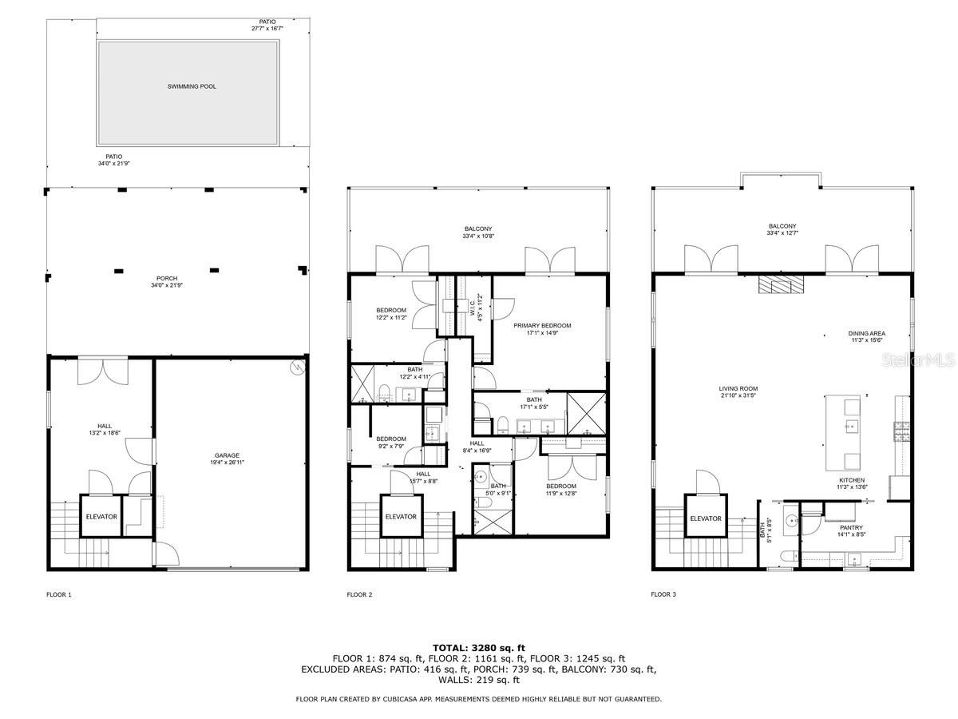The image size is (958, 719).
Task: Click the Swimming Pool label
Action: pyautogui.click(x=192, y=86)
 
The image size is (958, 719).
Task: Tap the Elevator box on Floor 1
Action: pyautogui.click(x=101, y=517)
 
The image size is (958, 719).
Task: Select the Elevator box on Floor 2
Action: pyautogui.click(x=401, y=517)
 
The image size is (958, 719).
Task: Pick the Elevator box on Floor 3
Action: pyautogui.click(x=706, y=518)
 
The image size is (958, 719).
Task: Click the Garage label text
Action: pyautogui.click(x=227, y=455)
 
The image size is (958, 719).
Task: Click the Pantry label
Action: pyautogui.click(x=852, y=527)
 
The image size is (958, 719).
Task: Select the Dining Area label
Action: pyautogui.click(x=866, y=334)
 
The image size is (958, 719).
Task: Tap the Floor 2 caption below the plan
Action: pyautogui.click(x=358, y=594)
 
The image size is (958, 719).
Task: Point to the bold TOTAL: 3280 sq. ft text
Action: pyautogui.click(x=479, y=647)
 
